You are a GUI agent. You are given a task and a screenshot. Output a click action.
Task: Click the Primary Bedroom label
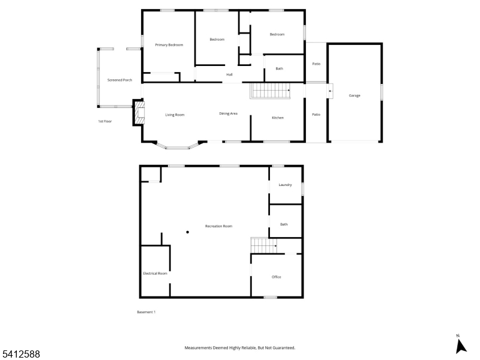point(169,45)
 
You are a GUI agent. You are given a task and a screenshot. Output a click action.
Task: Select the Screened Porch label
point(119,80)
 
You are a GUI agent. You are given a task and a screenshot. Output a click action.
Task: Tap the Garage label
point(355,95)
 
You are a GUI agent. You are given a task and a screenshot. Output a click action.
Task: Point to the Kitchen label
point(278,118)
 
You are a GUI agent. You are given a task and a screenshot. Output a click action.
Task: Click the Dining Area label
point(228,113)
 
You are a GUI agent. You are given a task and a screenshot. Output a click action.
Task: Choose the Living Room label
point(175,115)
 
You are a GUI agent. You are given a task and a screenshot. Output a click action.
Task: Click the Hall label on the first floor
point(229,74)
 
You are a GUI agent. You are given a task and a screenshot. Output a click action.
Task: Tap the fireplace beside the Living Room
point(139,113)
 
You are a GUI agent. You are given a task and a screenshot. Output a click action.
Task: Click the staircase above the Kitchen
point(270,91)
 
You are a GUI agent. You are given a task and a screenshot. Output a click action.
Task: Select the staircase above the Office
point(264,245)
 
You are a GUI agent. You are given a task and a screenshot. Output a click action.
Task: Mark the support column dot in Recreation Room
point(187,232)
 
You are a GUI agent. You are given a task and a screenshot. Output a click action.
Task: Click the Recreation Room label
point(218,226)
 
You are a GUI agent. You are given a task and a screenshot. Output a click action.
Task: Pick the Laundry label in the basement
point(285,185)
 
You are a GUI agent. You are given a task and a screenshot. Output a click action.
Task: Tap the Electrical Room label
point(155,274)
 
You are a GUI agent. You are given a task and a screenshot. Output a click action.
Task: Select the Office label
point(276,277)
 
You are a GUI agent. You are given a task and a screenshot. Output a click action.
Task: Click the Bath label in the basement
point(284,224)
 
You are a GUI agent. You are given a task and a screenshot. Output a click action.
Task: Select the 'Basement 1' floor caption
point(146,312)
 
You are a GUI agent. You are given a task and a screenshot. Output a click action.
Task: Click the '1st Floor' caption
point(105,121)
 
